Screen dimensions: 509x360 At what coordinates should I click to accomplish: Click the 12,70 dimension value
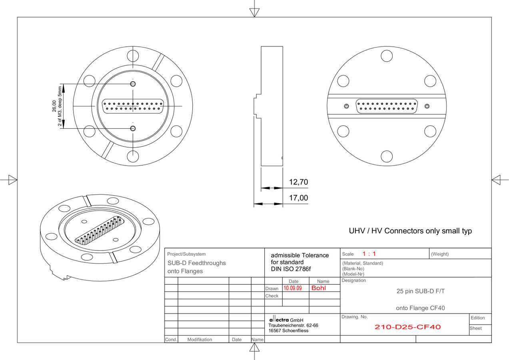(298, 182)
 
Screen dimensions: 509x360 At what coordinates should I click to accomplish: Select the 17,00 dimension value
(298, 198)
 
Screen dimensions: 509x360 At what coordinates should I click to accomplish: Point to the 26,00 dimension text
(54, 106)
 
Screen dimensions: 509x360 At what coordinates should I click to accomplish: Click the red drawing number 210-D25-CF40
(408, 327)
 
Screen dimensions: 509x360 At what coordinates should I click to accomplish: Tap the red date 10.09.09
(293, 288)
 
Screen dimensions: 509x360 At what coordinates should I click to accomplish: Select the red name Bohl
(319, 288)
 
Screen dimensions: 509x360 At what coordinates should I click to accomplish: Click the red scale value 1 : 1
(369, 254)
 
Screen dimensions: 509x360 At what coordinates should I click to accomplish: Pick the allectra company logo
(279, 319)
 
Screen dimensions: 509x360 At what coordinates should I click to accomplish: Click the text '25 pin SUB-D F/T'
(421, 291)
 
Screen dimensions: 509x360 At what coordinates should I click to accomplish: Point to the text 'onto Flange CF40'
(420, 308)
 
